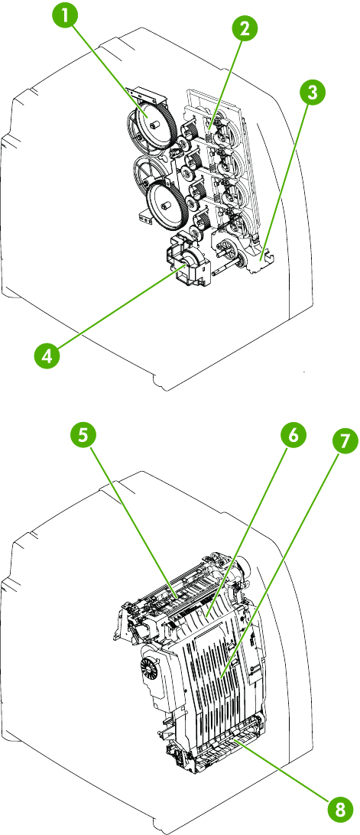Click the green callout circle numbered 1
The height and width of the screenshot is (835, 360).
click(x=65, y=18)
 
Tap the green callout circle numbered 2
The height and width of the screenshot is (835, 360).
click(x=244, y=30)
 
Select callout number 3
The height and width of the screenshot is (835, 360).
click(x=312, y=93)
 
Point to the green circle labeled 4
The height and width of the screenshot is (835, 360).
click(x=47, y=356)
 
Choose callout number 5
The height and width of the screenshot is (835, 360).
click(x=83, y=434)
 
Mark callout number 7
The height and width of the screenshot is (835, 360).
click(x=345, y=442)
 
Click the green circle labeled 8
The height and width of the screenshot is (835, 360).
click(x=340, y=810)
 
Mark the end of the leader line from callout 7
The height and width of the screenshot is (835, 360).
click(x=222, y=677)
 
